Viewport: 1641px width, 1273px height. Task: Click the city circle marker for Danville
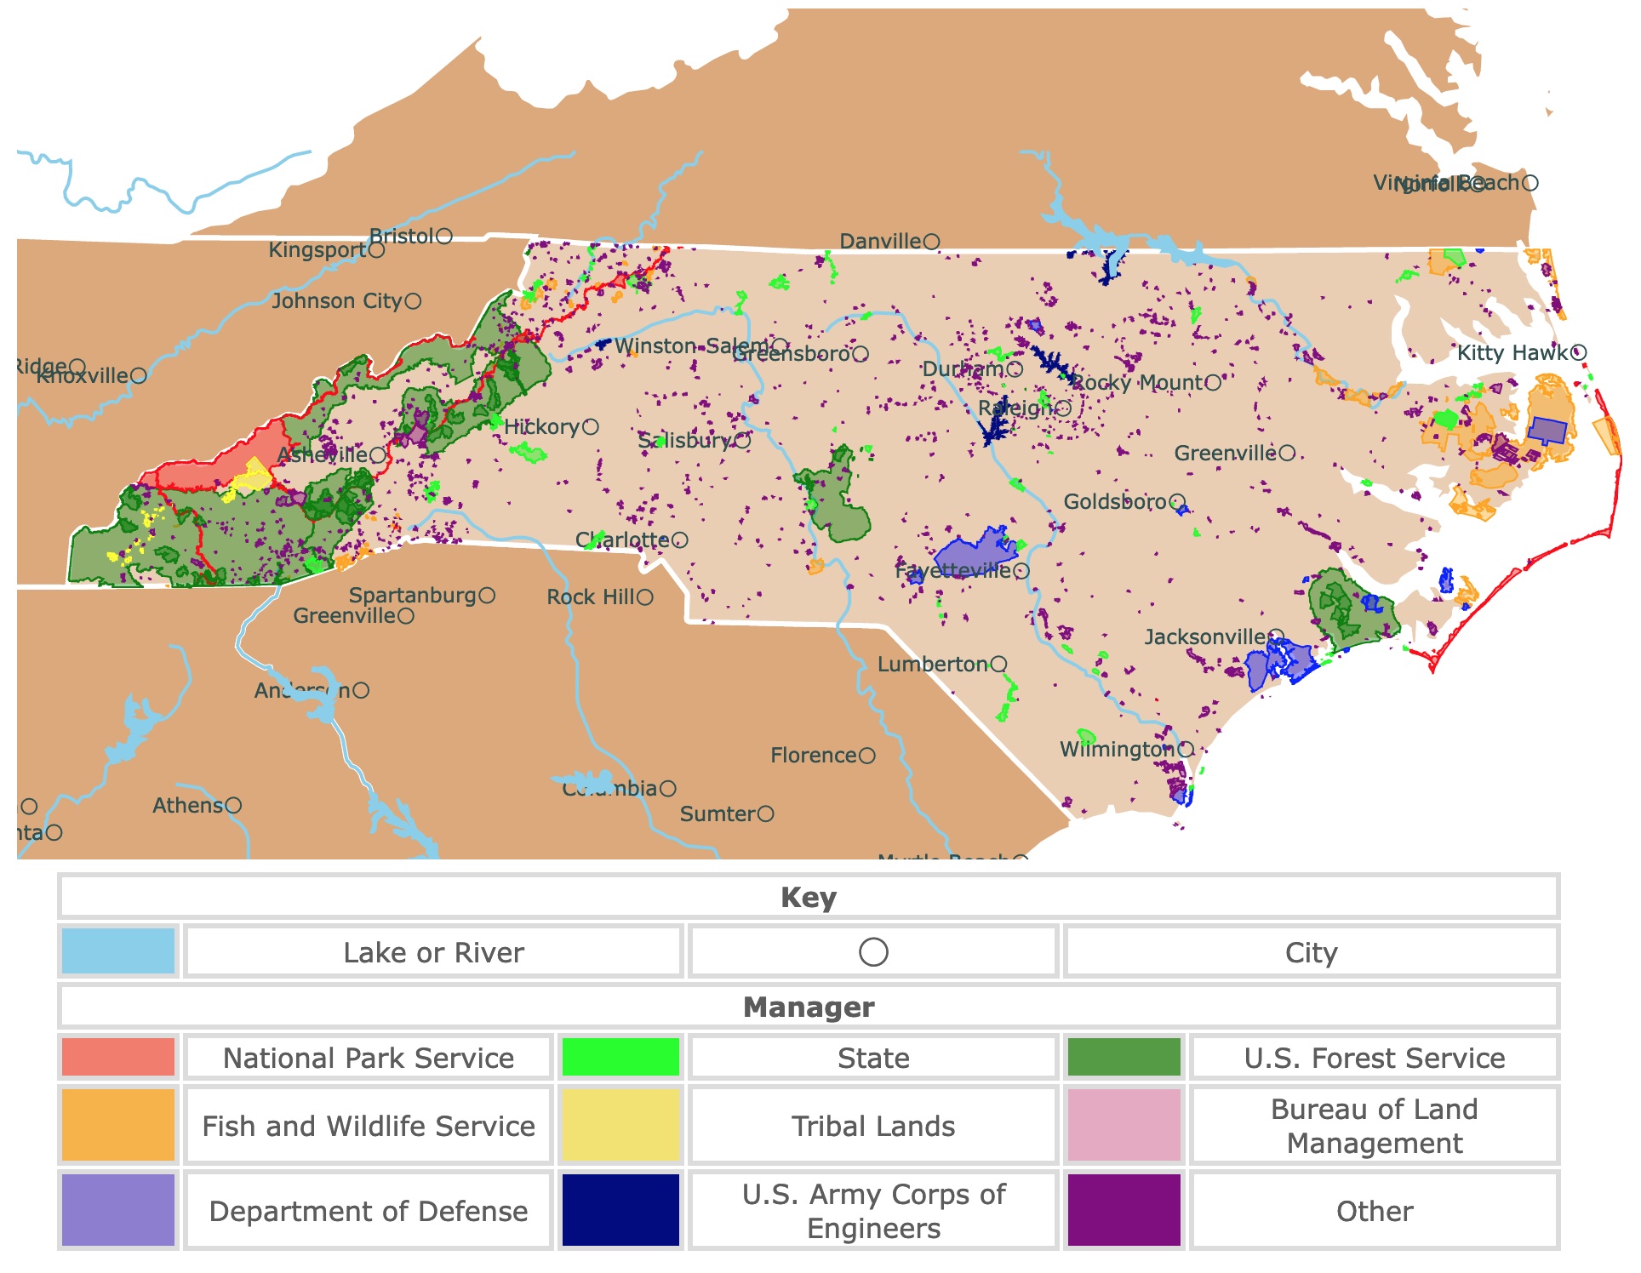tap(931, 242)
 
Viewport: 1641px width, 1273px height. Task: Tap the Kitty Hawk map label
tap(1512, 352)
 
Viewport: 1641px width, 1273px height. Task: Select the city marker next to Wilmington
tap(1186, 750)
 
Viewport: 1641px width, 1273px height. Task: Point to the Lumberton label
tap(932, 664)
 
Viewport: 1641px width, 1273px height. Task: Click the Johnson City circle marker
tap(413, 301)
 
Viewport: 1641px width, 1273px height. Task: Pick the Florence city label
tap(813, 755)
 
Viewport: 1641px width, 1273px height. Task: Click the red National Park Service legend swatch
tap(118, 1057)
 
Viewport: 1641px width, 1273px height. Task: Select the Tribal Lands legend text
tap(872, 1126)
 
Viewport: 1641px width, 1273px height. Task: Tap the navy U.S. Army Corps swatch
tap(620, 1210)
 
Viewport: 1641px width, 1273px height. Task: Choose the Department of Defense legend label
tap(368, 1211)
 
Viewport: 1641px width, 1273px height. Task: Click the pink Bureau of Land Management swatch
tap(1124, 1125)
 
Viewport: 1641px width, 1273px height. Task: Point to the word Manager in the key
tap(808, 1007)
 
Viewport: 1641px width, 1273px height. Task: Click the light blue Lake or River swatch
tap(118, 951)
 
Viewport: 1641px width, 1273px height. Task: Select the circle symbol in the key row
tap(873, 951)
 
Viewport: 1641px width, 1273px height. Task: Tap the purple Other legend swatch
tap(1124, 1210)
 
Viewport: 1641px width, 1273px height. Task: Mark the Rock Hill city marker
tap(645, 597)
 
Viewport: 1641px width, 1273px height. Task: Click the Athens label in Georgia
tap(187, 805)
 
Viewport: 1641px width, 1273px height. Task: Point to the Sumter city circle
tap(765, 814)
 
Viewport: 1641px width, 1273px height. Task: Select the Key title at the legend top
tap(808, 897)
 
